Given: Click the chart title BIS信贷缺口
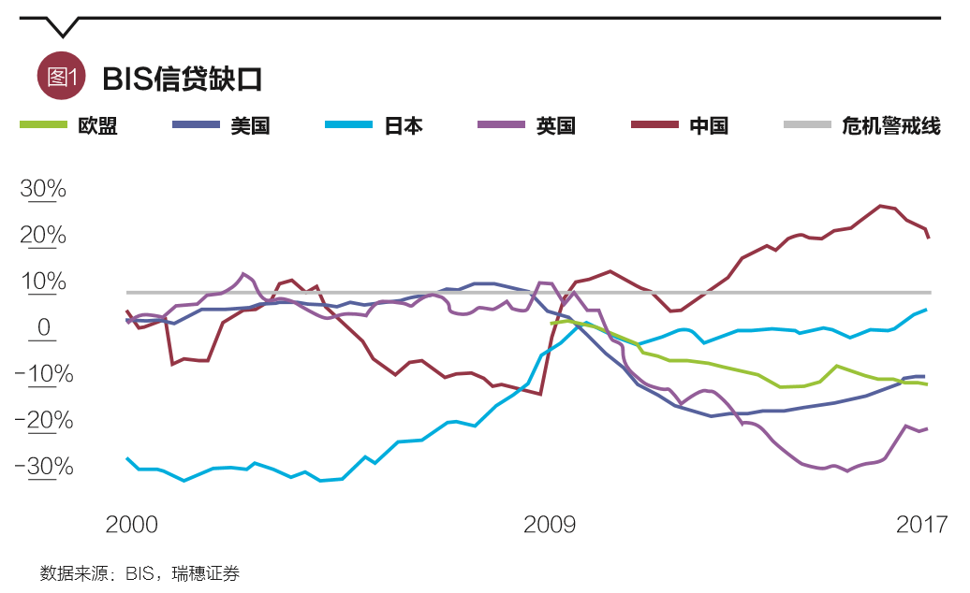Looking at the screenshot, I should point(183,79).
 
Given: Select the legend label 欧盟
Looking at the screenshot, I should point(97,126).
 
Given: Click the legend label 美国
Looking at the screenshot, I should point(251,126).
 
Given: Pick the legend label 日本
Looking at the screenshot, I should point(404,126).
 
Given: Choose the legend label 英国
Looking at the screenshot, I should point(556,126).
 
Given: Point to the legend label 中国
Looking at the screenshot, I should point(709,126).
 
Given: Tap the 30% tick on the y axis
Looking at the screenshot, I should point(44,190).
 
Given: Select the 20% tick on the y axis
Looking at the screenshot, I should point(44,236).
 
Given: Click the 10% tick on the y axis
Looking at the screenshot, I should point(44,282).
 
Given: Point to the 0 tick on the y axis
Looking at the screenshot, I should point(44,328).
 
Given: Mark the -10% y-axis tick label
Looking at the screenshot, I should point(44,375).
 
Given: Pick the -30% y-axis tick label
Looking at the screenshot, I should point(44,467).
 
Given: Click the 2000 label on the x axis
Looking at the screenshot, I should point(132,525).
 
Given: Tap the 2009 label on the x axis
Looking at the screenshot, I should point(550,525).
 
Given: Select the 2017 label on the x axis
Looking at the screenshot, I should point(922,525).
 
